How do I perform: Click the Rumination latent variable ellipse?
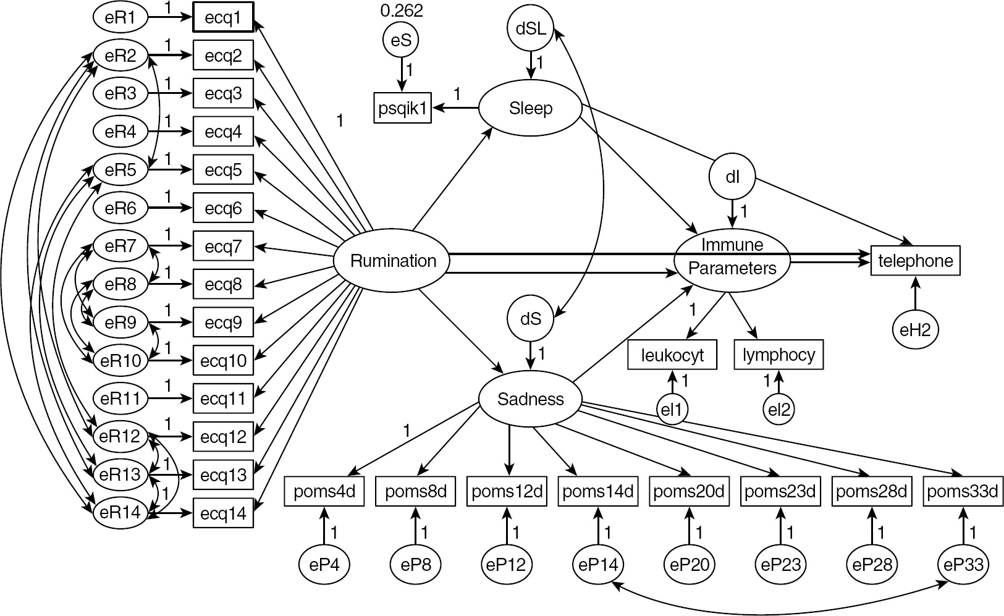click(393, 261)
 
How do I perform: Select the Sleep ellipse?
click(531, 109)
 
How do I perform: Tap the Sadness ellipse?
click(531, 399)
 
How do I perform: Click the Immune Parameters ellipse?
click(732, 257)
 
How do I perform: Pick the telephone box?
click(916, 261)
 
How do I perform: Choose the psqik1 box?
click(403, 109)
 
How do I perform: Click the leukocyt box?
click(672, 355)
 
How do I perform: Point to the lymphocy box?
click(778, 355)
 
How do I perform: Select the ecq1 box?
click(223, 18)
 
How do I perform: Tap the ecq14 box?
click(223, 513)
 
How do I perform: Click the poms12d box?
click(507, 492)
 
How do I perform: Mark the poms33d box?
click(963, 492)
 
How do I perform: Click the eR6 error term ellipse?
click(120, 208)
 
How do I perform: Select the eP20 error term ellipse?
click(689, 564)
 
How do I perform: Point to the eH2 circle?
click(915, 330)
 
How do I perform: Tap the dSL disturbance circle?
click(531, 28)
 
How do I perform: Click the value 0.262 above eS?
click(402, 11)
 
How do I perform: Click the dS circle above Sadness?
click(531, 319)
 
